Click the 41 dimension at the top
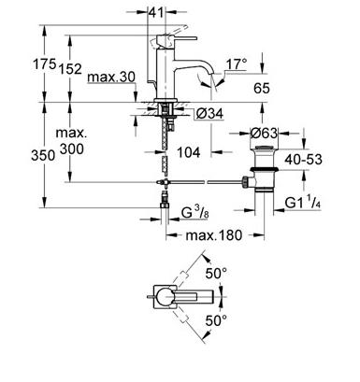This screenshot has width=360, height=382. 156,12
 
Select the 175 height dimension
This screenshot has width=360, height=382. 45,64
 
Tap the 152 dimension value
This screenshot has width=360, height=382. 70,69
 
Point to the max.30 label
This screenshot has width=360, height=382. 111,77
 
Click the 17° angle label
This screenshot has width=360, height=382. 237,64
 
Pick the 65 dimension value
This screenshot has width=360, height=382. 261,88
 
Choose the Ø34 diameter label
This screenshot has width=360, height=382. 209,114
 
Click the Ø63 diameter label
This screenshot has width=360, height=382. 264,134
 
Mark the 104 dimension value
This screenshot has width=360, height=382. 188,152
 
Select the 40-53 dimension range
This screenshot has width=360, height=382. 303,159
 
